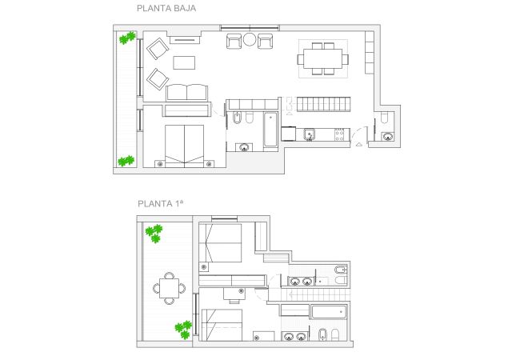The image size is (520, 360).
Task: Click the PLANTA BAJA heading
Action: (x=166, y=8)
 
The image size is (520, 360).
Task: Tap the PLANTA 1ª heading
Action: (x=160, y=203)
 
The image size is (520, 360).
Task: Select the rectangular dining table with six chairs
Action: (x=323, y=59)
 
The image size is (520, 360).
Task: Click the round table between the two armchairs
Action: (x=250, y=39)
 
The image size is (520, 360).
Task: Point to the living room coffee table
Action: (x=184, y=62)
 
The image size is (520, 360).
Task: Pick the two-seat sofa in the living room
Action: (x=186, y=93)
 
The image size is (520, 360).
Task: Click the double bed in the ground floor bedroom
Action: (x=184, y=145)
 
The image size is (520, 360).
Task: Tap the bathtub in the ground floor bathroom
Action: (x=270, y=130)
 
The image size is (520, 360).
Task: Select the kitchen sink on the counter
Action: (x=310, y=134)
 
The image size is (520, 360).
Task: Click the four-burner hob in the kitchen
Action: (x=339, y=134)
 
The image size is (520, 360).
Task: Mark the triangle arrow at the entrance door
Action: (x=359, y=144)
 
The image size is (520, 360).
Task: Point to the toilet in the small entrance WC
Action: (x=384, y=118)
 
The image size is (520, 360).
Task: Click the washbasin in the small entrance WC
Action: (x=387, y=136)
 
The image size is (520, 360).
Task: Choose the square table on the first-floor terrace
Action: (x=169, y=288)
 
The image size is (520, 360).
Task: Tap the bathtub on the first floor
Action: (x=329, y=312)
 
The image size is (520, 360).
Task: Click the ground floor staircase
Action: (x=323, y=104)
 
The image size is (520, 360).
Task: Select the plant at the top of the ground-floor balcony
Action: (x=127, y=38)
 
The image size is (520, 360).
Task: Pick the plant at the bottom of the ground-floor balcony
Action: (x=126, y=161)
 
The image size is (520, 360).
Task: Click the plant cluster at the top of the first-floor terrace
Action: (x=154, y=233)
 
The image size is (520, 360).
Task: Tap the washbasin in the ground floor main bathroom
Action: (x=245, y=147)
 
